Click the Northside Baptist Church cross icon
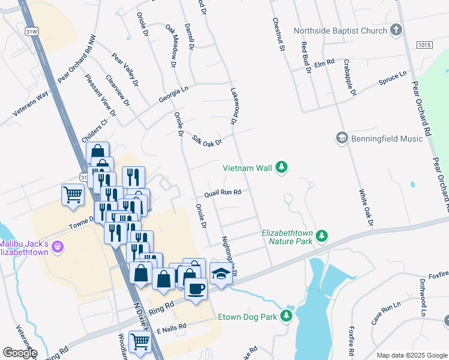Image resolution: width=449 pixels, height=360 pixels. pyautogui.click(x=396, y=30)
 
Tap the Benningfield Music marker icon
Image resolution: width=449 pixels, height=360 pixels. pyautogui.click(x=342, y=139)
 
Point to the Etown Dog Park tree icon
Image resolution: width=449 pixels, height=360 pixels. pyautogui.click(x=286, y=316)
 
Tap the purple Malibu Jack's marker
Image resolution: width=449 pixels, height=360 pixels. pyautogui.click(x=58, y=246)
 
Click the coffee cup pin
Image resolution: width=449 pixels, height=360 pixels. pyautogui.click(x=196, y=289)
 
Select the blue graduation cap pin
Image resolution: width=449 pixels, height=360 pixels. pyautogui.click(x=221, y=275)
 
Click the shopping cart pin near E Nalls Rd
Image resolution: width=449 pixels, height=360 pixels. pyautogui.click(x=140, y=341)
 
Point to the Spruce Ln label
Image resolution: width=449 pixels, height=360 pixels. pyautogui.click(x=393, y=79)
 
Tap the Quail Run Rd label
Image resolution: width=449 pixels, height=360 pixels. pyautogui.click(x=222, y=193)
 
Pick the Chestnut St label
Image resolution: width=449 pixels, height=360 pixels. pyautogui.click(x=277, y=35)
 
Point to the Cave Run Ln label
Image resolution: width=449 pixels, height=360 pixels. pyautogui.click(x=385, y=314)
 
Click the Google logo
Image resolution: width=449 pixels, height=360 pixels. pyautogui.click(x=20, y=352)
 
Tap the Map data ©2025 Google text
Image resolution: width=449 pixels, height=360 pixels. pyautogui.click(x=411, y=355)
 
